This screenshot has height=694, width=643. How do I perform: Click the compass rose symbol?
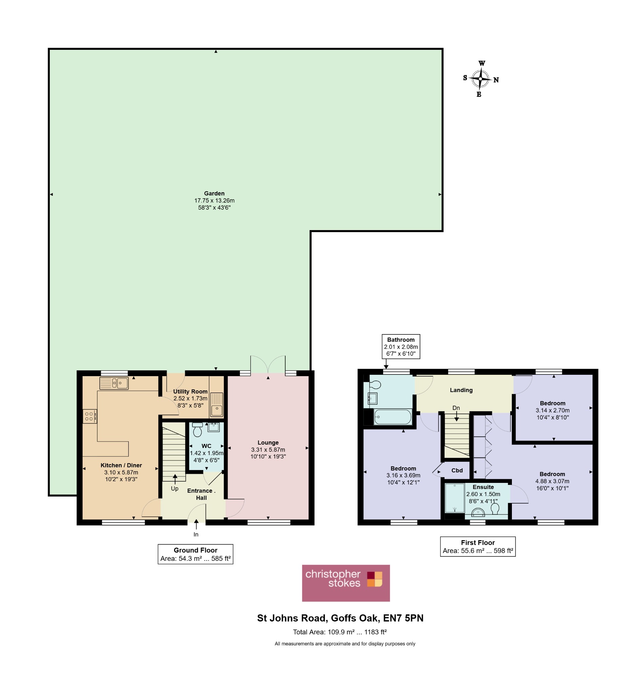tap(480, 79)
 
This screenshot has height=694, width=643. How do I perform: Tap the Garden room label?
tap(214, 193)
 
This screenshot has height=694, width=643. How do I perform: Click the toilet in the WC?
tap(197, 429)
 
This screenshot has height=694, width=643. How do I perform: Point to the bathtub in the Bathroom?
tap(393, 416)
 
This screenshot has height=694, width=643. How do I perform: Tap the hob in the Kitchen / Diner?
tap(89, 416)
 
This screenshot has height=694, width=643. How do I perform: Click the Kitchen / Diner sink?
tap(114, 383)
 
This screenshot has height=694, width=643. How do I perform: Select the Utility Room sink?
tap(216, 404)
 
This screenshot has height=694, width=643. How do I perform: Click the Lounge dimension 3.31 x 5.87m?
tap(268, 449)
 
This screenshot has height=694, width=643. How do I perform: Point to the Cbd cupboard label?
tap(457, 470)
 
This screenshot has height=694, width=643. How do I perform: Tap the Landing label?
tap(461, 390)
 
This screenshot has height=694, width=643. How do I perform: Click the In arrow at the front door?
tap(196, 524)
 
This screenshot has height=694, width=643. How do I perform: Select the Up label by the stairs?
tap(175, 488)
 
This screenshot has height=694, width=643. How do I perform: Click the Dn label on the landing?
tap(456, 408)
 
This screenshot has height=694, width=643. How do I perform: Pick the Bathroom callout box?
tap(401, 346)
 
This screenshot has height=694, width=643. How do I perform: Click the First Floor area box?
tap(478, 547)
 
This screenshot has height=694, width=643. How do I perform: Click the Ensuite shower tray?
tap(455, 498)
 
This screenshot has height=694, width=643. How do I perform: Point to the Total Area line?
tap(340, 632)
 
